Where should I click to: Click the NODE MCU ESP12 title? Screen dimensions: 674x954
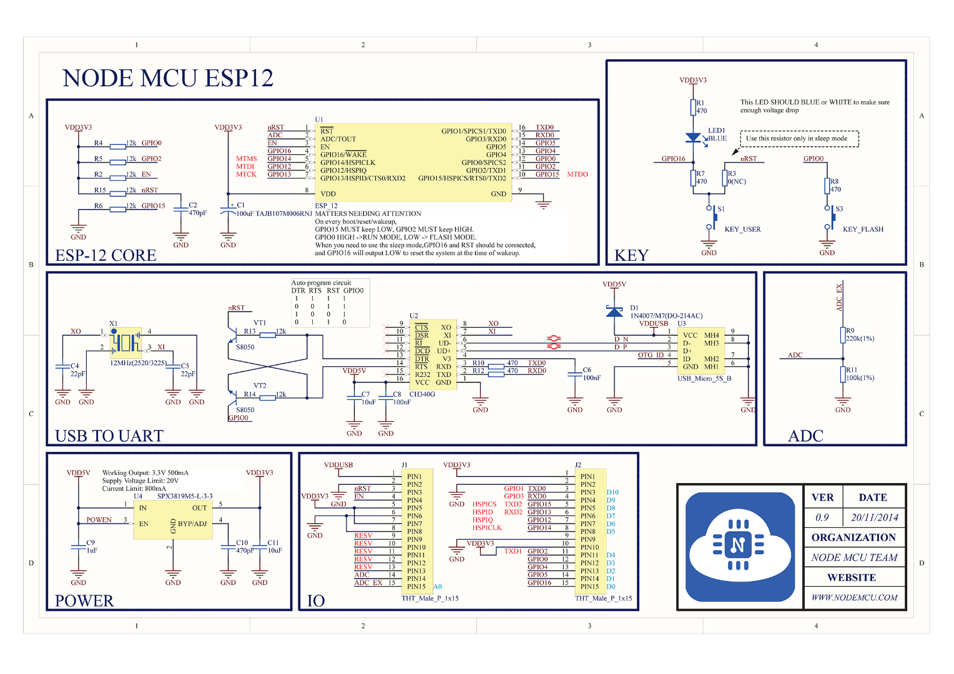(x=168, y=79)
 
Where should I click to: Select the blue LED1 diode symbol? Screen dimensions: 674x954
(x=693, y=137)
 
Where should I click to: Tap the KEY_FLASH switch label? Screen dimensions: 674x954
(x=863, y=230)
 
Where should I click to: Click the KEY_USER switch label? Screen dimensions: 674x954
(x=742, y=230)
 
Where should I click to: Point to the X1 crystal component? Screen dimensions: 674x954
(x=125, y=342)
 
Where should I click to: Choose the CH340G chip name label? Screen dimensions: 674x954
(x=422, y=394)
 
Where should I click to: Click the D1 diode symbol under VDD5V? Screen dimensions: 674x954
(x=614, y=311)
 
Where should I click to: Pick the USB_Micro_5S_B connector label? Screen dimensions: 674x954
(x=704, y=379)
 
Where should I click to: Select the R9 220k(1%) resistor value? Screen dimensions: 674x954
(x=860, y=339)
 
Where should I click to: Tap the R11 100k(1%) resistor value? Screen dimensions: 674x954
(x=860, y=378)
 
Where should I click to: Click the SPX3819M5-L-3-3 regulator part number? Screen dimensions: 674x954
(x=185, y=497)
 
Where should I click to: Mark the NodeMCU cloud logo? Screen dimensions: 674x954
(x=739, y=545)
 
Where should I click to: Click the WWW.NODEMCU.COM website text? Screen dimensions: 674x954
(x=854, y=598)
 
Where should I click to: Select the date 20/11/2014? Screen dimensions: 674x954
(x=874, y=518)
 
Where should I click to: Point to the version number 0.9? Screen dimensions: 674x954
(x=822, y=518)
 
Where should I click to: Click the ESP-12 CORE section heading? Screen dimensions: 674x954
(x=106, y=256)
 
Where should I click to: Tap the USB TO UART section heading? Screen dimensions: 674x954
(x=109, y=436)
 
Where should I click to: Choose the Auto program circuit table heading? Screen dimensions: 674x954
(x=321, y=283)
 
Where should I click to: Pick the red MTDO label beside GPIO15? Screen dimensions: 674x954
(x=578, y=175)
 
